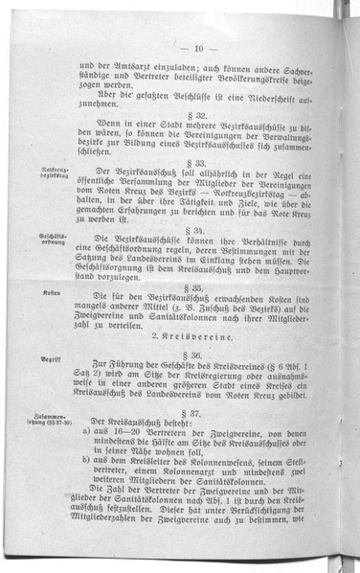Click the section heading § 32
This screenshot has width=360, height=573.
[x=196, y=113]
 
